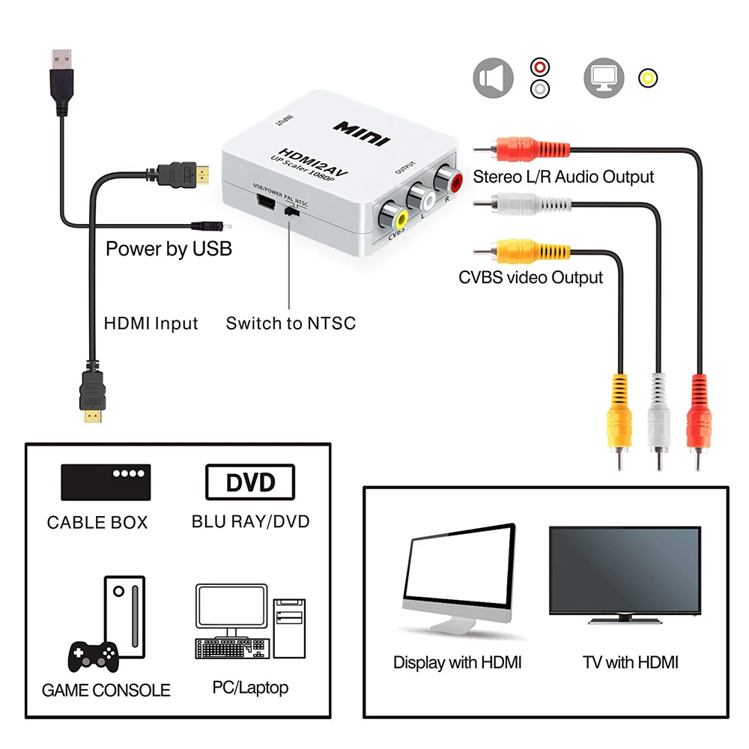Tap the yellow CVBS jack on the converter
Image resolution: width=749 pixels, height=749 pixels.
393,218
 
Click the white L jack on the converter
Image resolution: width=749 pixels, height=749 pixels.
421,198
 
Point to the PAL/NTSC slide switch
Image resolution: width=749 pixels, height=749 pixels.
291,213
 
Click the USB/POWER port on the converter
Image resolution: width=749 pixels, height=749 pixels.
264,203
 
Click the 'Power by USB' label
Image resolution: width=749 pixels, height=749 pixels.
169,249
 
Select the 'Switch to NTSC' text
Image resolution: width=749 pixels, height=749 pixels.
291,324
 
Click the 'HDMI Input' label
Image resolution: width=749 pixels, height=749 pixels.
151,324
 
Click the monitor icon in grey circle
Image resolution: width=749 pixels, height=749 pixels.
604,78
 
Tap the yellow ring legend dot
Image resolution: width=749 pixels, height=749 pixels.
648,77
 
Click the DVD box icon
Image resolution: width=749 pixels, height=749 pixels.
250,482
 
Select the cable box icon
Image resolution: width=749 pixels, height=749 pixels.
106,482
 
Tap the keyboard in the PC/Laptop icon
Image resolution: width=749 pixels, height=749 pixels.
229,648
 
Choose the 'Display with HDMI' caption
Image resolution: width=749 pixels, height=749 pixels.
457,663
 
